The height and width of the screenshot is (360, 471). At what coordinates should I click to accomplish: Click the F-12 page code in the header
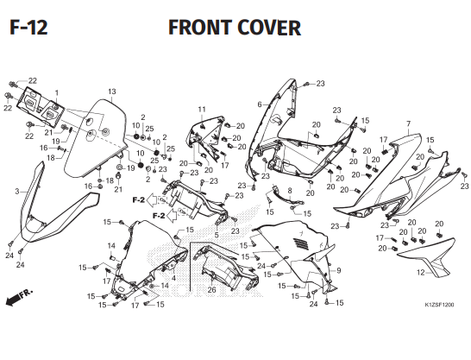pyautogui.click(x=28, y=28)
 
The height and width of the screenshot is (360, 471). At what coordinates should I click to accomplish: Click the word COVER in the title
pyautogui.click(x=269, y=28)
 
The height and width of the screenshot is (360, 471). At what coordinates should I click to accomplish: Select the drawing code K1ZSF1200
pyautogui.click(x=439, y=305)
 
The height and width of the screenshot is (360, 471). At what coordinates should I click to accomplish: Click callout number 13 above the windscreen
pyautogui.click(x=112, y=92)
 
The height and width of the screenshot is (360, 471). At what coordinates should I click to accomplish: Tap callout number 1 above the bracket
pyautogui.click(x=57, y=93)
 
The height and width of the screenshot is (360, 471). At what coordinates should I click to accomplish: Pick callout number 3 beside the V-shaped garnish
pyautogui.click(x=17, y=192)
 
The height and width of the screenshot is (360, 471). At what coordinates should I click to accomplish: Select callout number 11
pyautogui.click(x=202, y=110)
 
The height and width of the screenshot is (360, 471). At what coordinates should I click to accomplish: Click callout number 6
pyautogui.click(x=260, y=104)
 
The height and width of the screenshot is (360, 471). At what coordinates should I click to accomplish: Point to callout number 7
pyautogui.click(x=408, y=123)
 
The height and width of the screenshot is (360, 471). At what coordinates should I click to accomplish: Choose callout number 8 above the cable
pyautogui.click(x=290, y=191)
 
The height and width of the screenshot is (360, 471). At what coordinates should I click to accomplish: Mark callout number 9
pyautogui.click(x=339, y=271)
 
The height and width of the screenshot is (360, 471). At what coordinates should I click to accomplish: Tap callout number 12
pyautogui.click(x=421, y=273)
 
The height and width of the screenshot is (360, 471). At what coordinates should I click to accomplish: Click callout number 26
pyautogui.click(x=211, y=290)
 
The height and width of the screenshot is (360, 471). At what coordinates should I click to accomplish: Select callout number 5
pyautogui.click(x=217, y=236)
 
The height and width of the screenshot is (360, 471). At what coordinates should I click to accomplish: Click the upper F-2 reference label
pyautogui.click(x=139, y=199)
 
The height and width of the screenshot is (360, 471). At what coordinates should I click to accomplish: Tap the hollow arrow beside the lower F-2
pyautogui.click(x=172, y=216)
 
